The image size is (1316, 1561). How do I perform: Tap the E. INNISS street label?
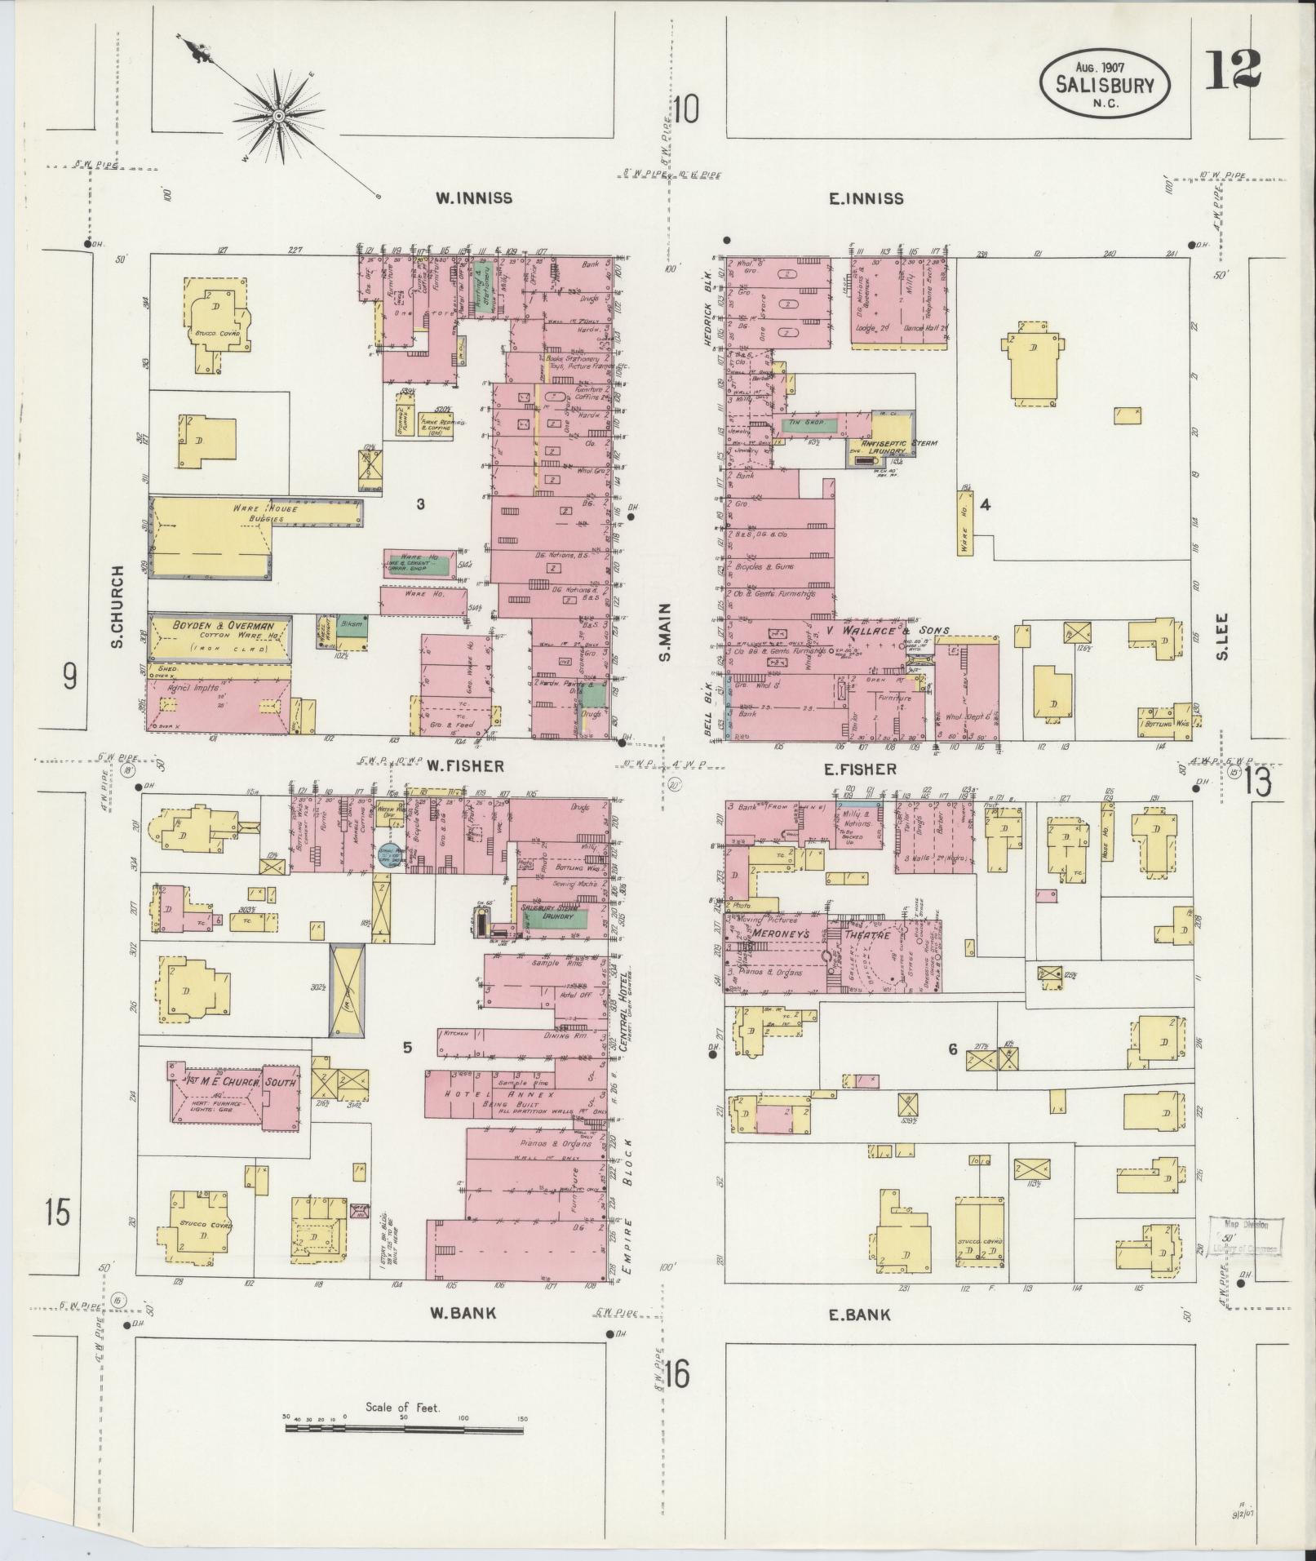(x=866, y=198)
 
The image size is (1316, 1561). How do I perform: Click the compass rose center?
(x=279, y=116)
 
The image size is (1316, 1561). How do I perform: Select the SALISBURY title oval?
(x=1105, y=83)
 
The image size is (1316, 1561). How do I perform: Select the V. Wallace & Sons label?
(x=888, y=630)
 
